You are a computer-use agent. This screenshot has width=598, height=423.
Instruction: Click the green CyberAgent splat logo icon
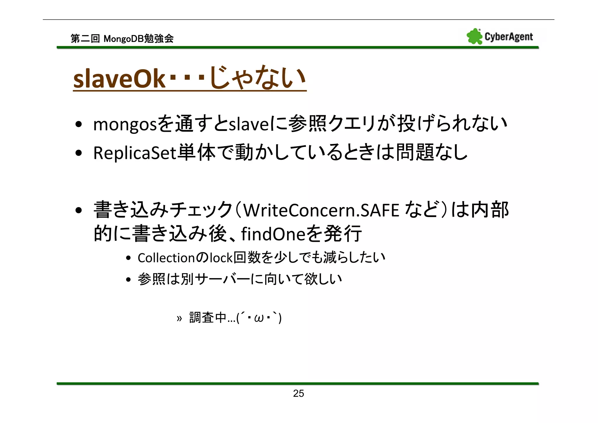tap(474, 37)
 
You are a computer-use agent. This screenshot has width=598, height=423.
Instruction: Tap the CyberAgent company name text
tap(509, 37)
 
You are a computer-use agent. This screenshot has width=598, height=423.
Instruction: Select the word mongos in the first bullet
tap(125, 124)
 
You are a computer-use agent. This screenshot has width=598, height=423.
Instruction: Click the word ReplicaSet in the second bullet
tap(135, 153)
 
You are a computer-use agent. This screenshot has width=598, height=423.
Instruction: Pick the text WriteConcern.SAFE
tap(321, 210)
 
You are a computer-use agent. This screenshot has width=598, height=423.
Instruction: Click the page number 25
tap(298, 393)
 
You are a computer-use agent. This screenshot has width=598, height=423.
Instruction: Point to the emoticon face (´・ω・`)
tap(259, 318)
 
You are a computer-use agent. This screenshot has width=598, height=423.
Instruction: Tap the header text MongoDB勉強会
tap(138, 39)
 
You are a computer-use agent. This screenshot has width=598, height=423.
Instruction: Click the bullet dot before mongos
tap(78, 125)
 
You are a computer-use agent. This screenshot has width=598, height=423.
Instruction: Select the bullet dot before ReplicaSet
tap(78, 153)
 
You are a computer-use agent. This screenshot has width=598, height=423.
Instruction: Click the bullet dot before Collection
tap(128, 258)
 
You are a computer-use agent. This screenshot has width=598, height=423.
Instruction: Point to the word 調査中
tap(208, 318)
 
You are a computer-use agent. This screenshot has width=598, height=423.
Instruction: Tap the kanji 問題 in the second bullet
tap(415, 152)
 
